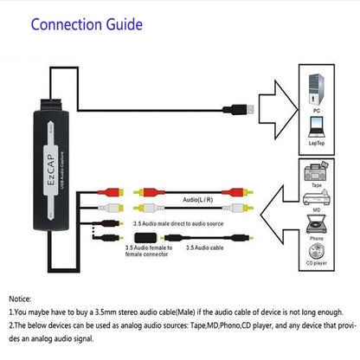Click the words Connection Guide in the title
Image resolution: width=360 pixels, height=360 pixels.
tap(87, 23)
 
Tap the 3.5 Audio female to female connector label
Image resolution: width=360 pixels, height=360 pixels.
tap(149, 252)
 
